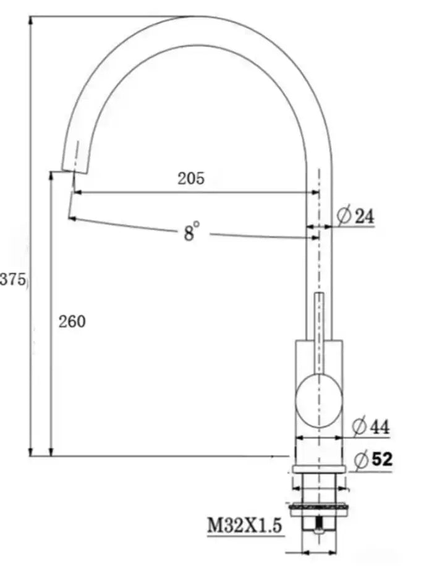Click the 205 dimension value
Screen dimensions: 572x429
coord(191,179)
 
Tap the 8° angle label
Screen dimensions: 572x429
coord(191,232)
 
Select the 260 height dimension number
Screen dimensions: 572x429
coord(72,321)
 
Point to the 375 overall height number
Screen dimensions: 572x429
coord(12,280)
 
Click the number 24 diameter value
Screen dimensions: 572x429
coord(364,216)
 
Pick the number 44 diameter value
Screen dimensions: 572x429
coord(380,426)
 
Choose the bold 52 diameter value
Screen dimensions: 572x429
coord(382,459)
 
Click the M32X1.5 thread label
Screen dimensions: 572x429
coord(244,526)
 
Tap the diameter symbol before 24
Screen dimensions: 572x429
coord(344,216)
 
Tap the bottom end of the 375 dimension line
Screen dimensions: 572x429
coord(31,455)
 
